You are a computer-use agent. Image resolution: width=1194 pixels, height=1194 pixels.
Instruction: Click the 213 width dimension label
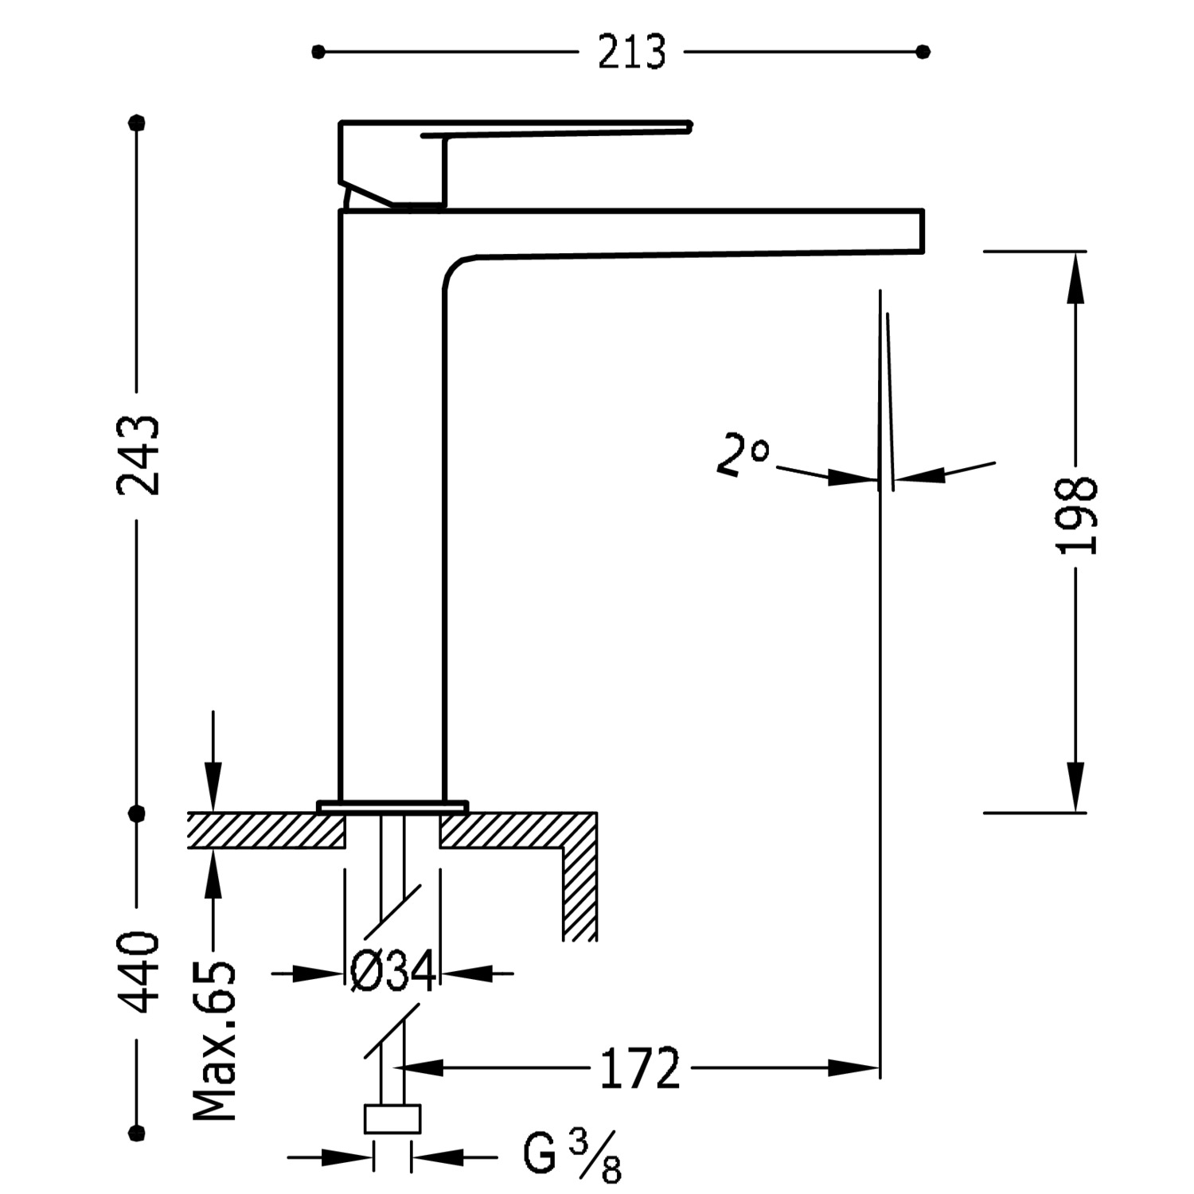pos(631,53)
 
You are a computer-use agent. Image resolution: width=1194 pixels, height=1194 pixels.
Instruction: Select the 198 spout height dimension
pos(1076,515)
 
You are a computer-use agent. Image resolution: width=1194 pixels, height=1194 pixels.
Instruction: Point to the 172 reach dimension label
pos(639,1068)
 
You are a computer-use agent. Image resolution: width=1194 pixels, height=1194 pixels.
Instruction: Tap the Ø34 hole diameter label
pos(393,971)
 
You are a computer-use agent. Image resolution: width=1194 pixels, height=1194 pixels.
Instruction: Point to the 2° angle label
pos(742,454)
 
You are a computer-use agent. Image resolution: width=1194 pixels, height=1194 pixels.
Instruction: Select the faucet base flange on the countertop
pos(392,806)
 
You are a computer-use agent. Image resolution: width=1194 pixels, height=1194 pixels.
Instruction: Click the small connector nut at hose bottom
pos(392,1118)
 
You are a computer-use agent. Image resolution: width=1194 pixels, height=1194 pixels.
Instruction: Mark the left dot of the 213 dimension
pos(318,53)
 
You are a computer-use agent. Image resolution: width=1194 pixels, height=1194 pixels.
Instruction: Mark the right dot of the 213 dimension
pos(923,53)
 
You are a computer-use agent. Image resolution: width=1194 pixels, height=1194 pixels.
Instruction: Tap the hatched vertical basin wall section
pos(579,892)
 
